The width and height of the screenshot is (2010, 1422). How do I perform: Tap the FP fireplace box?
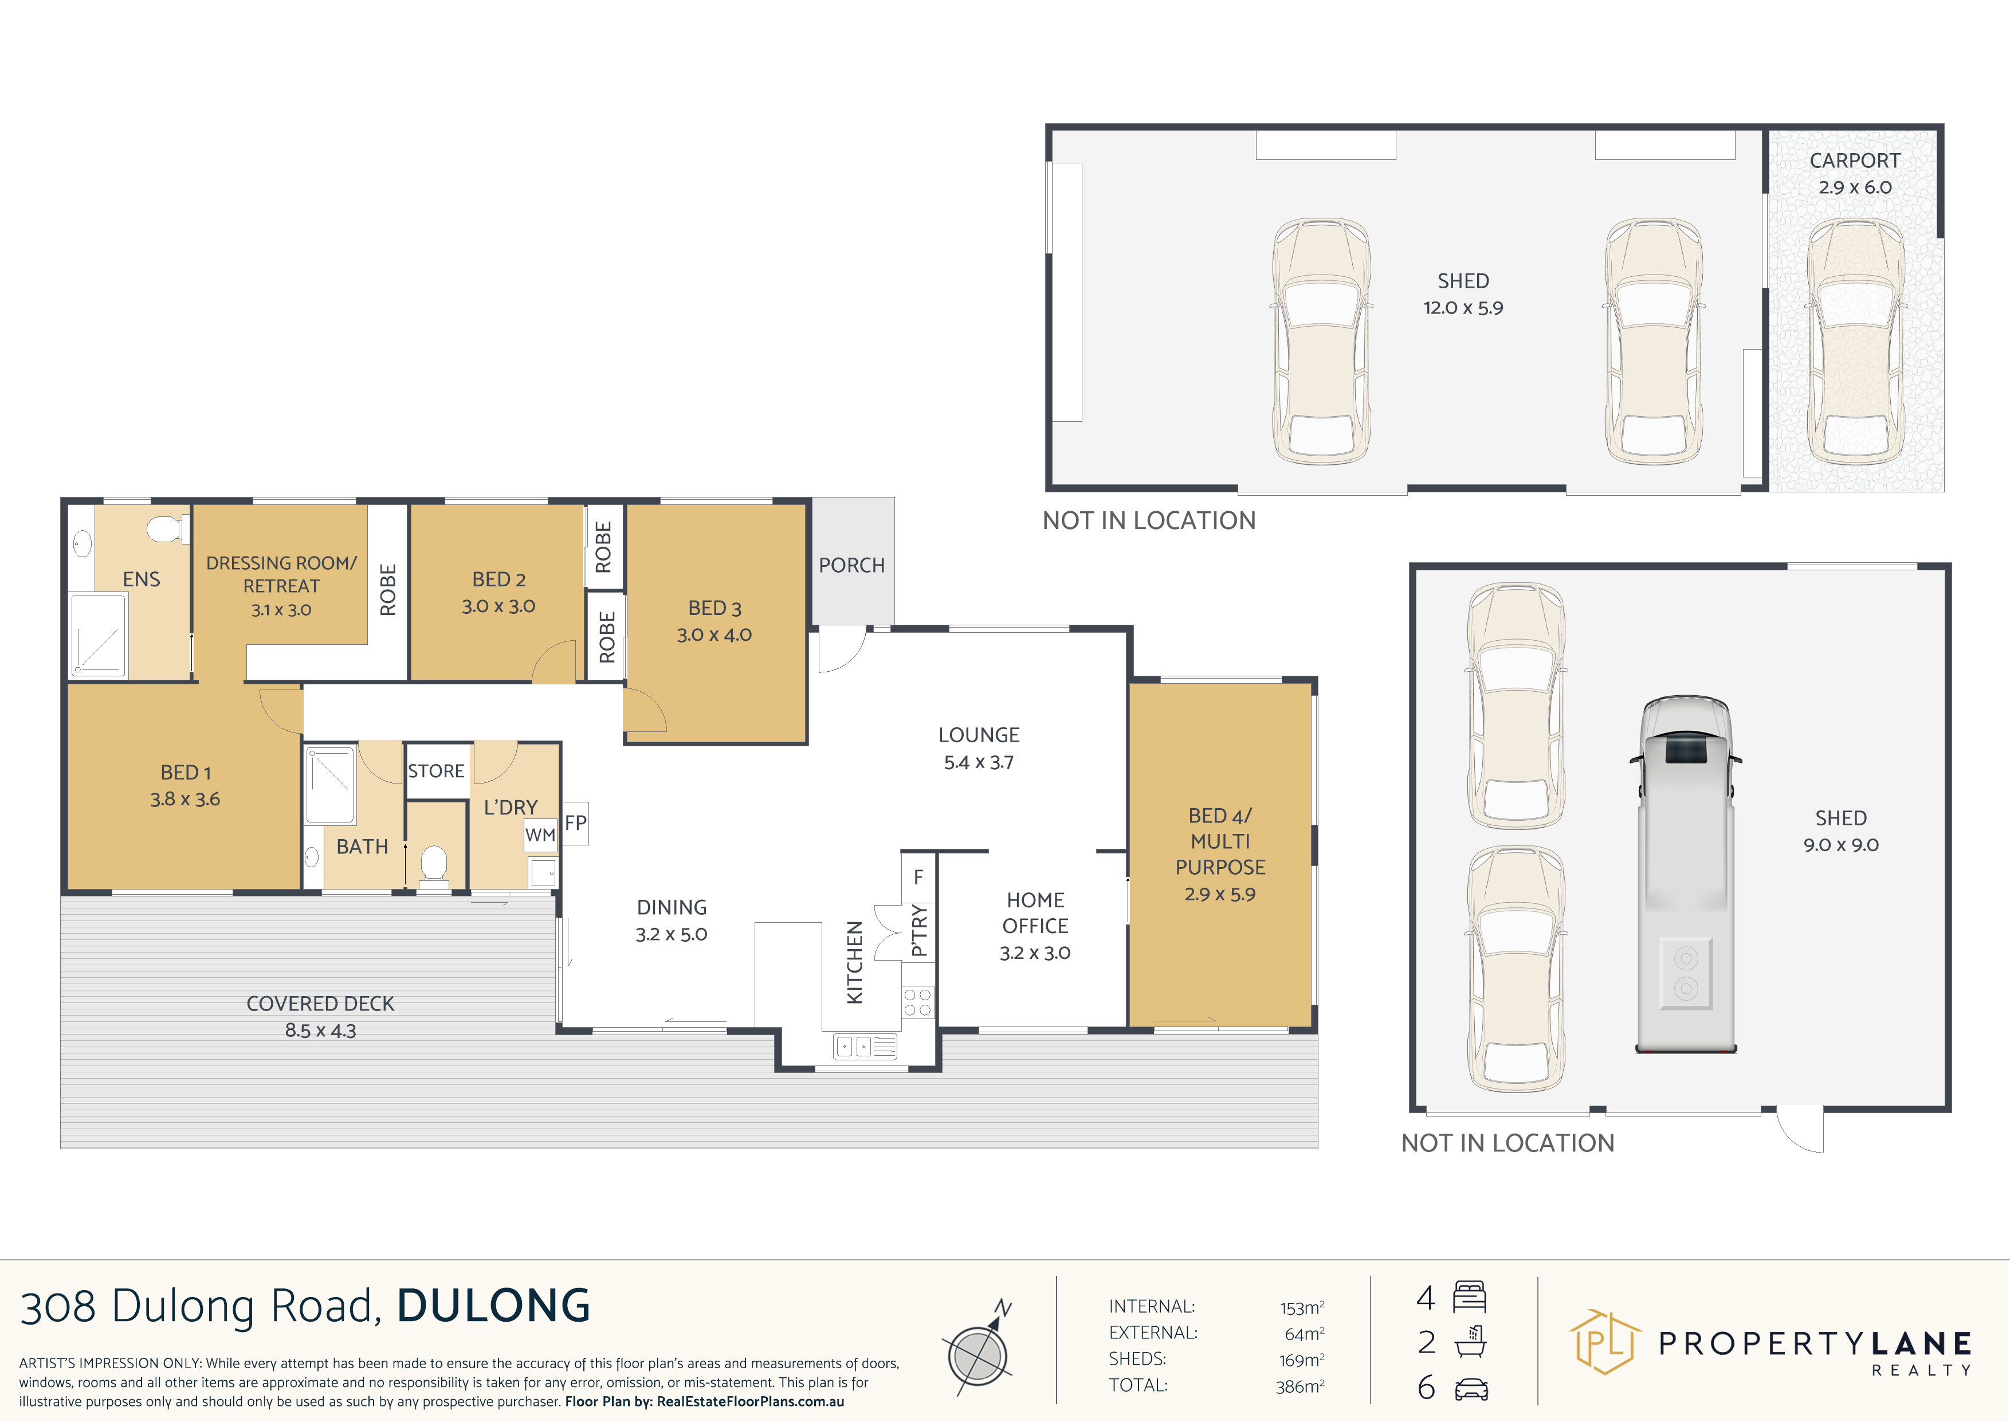[x=575, y=823]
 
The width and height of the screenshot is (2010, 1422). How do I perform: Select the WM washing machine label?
[x=540, y=835]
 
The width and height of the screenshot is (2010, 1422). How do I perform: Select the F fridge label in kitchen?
[x=918, y=876]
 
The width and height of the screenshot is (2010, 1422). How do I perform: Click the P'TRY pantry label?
[x=918, y=930]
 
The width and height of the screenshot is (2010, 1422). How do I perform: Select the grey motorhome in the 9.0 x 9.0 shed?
[x=1685, y=874]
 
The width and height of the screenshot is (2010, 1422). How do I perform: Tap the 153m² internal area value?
[x=1302, y=1307]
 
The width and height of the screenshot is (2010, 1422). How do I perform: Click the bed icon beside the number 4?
[x=1470, y=1297]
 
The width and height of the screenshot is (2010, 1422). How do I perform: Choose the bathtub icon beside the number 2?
[x=1471, y=1341]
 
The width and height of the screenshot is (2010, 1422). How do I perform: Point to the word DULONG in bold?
[x=494, y=1306]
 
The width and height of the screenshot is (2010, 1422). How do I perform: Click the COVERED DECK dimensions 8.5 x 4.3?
[x=320, y=1031]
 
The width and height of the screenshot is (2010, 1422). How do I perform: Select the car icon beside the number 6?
[x=1471, y=1389]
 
